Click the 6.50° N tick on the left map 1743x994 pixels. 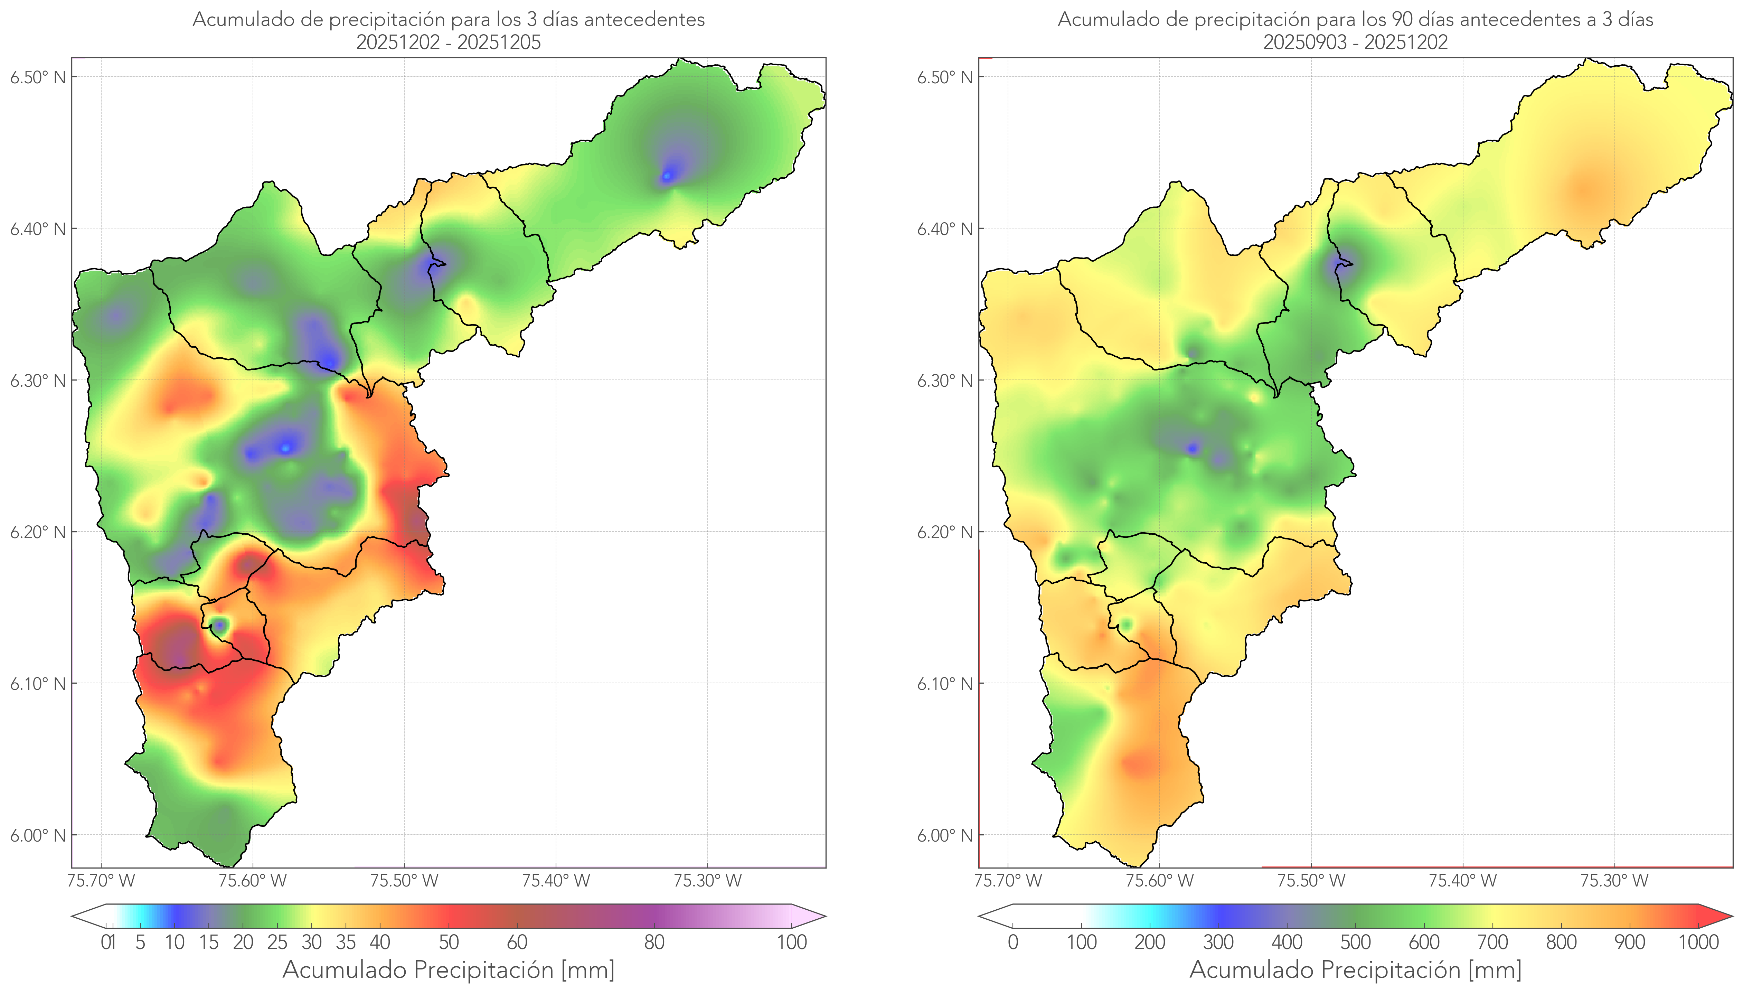(x=38, y=77)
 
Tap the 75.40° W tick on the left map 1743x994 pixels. (x=556, y=881)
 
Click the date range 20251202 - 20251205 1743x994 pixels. (x=449, y=42)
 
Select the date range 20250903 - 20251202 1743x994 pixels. (x=1355, y=42)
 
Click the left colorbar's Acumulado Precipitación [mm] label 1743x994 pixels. (x=449, y=970)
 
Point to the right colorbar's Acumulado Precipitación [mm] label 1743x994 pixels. (x=1355, y=970)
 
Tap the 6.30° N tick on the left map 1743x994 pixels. (x=38, y=380)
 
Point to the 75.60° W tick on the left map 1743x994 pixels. (x=253, y=881)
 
